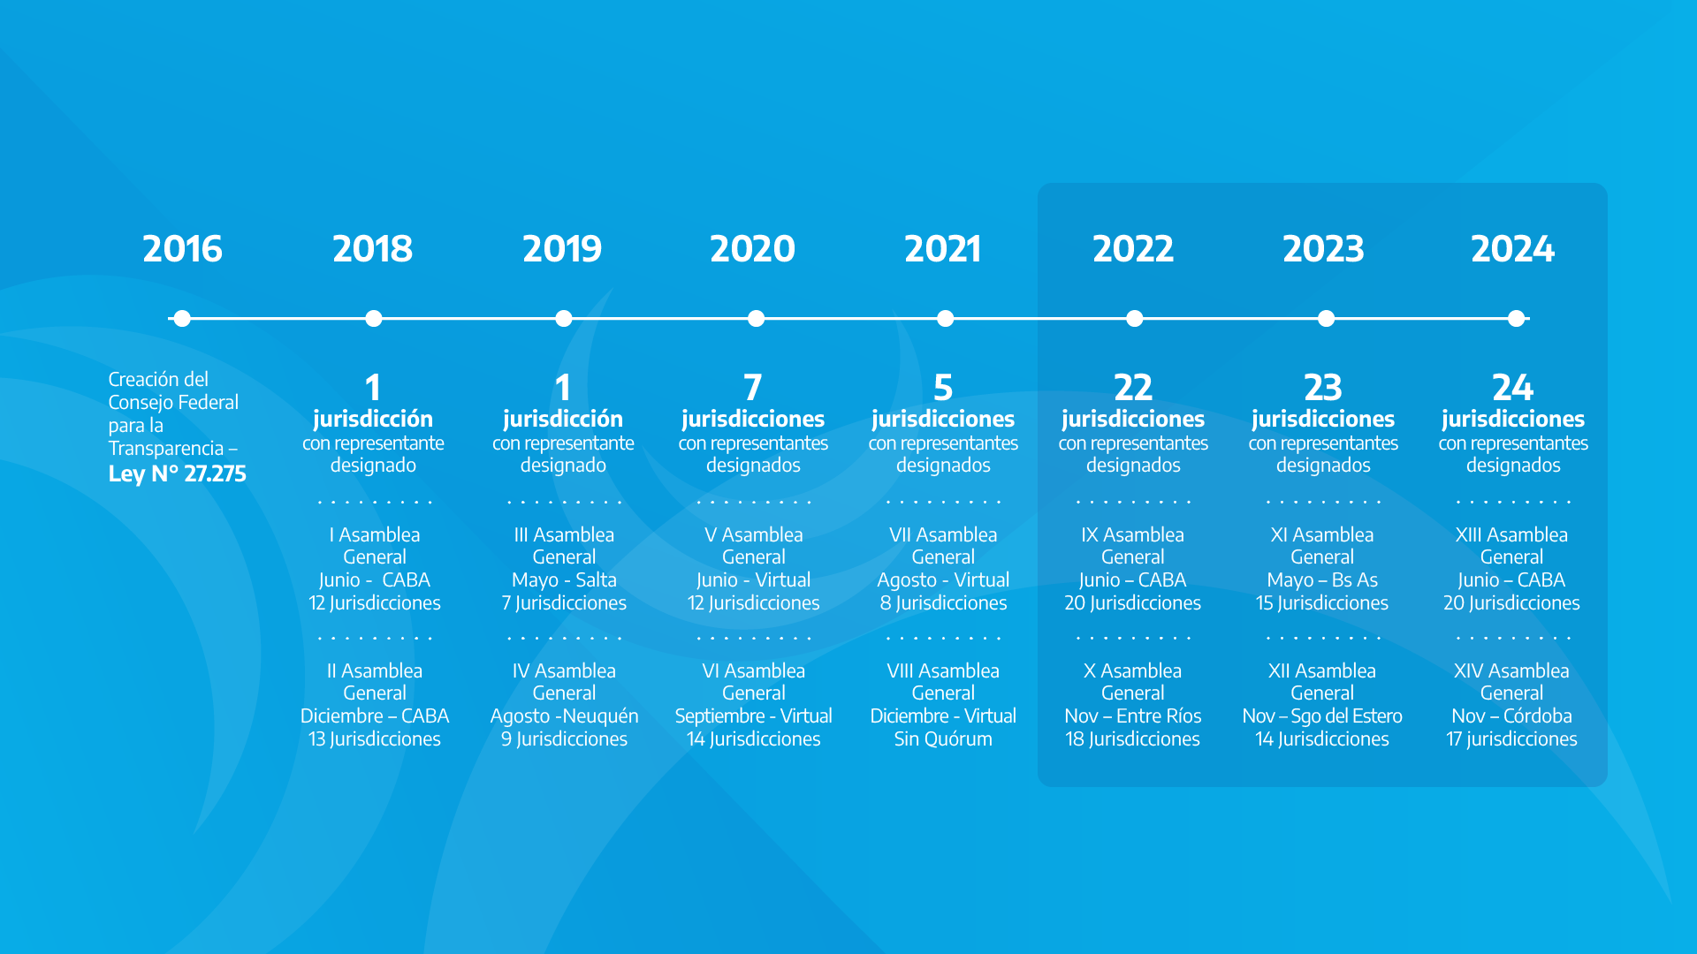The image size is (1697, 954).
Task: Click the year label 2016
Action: point(182,249)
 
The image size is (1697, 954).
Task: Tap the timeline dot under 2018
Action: point(374,318)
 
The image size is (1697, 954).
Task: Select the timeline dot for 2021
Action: point(945,318)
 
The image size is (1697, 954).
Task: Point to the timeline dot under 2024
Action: point(1517,318)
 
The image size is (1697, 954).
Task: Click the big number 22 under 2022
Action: point(1133,388)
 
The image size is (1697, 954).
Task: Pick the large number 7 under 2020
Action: point(753,388)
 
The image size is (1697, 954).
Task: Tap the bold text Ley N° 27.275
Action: point(178,473)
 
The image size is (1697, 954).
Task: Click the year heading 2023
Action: point(1323,249)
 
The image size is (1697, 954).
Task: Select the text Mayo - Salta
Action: point(564,580)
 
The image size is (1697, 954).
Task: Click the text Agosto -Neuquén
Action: point(564,716)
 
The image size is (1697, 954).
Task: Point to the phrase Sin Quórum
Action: point(943,739)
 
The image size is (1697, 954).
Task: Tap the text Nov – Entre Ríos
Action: point(1133,716)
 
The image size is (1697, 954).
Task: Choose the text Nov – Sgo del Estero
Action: point(1322,716)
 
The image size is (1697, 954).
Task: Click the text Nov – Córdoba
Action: point(1511,716)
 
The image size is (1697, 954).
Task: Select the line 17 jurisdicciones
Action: point(1511,739)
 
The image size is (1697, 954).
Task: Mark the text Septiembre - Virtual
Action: point(753,716)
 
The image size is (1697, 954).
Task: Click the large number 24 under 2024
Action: point(1513,388)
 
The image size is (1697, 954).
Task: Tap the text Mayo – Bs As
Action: point(1322,580)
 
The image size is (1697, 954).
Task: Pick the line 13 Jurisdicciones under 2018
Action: point(375,739)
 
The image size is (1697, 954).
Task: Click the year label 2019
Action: point(562,249)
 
